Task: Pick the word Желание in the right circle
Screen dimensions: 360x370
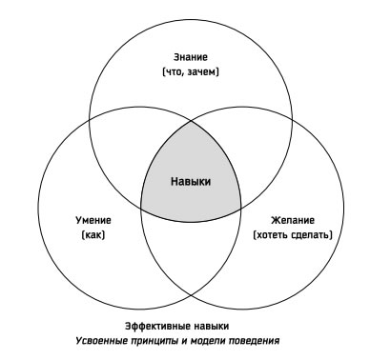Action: coord(290,218)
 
